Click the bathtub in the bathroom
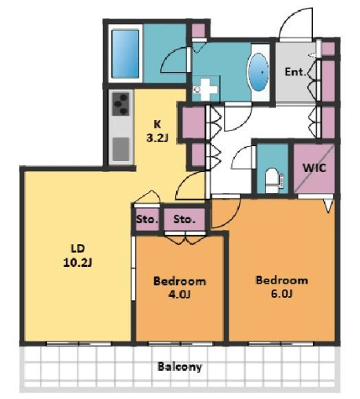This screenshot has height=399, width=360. coord(125,53)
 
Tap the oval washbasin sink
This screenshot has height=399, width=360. coord(259,72)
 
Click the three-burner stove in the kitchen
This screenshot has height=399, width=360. coord(121,104)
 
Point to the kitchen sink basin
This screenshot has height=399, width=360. coord(121,149)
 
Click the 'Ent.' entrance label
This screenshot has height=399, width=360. coord(296,71)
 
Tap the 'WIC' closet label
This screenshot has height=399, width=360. coord(314,168)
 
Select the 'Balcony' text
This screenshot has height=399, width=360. coord(180,367)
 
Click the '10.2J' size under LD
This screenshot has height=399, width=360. coord(78,262)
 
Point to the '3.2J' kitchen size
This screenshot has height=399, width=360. coord(157,137)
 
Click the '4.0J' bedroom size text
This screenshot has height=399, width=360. coord(179,295)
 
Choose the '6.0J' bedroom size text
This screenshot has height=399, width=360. coord(281,294)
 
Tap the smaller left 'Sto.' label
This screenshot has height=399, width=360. coord(147,219)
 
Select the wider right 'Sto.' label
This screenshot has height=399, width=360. coord(185,219)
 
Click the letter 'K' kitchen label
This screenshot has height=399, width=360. coord(157,124)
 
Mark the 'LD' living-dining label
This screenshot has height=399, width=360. coord(78,248)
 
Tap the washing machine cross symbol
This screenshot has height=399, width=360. coord(206,90)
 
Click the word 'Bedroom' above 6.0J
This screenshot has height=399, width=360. coord(281,280)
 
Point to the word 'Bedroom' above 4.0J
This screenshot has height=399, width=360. coord(179,281)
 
